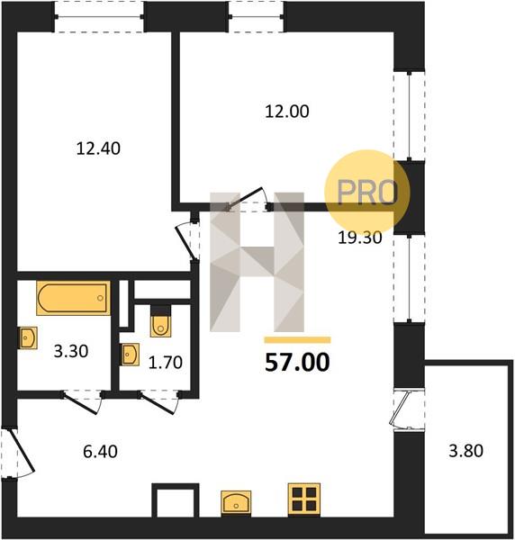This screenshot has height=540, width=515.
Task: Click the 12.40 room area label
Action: coord(98,148)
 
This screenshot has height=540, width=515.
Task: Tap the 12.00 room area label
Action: coord(287,112)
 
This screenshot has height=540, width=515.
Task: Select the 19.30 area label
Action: coord(360,238)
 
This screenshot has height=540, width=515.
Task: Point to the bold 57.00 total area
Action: coord(297,363)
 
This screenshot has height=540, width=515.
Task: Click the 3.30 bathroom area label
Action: coord(71,351)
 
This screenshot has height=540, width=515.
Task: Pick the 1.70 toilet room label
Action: coord(166,363)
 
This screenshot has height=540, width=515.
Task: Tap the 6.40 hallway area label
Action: coord(100,452)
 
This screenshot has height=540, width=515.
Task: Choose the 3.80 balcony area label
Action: coord(465,451)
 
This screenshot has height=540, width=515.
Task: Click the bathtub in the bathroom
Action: coord(73,298)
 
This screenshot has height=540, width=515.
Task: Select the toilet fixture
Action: coord(160,321)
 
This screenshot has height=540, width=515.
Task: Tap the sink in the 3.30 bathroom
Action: coord(28,337)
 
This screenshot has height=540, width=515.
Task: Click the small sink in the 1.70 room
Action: coord(130,355)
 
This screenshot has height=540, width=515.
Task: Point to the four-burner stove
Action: coord(304,499)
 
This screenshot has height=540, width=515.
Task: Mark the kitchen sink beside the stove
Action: coord(236,503)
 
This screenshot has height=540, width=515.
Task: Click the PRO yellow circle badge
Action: coord(367,193)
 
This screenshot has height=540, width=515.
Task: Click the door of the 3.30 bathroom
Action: coord(81,401)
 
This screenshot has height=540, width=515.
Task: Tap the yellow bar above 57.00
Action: coord(297,340)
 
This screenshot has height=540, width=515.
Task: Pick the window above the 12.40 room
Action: coord(99,16)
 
